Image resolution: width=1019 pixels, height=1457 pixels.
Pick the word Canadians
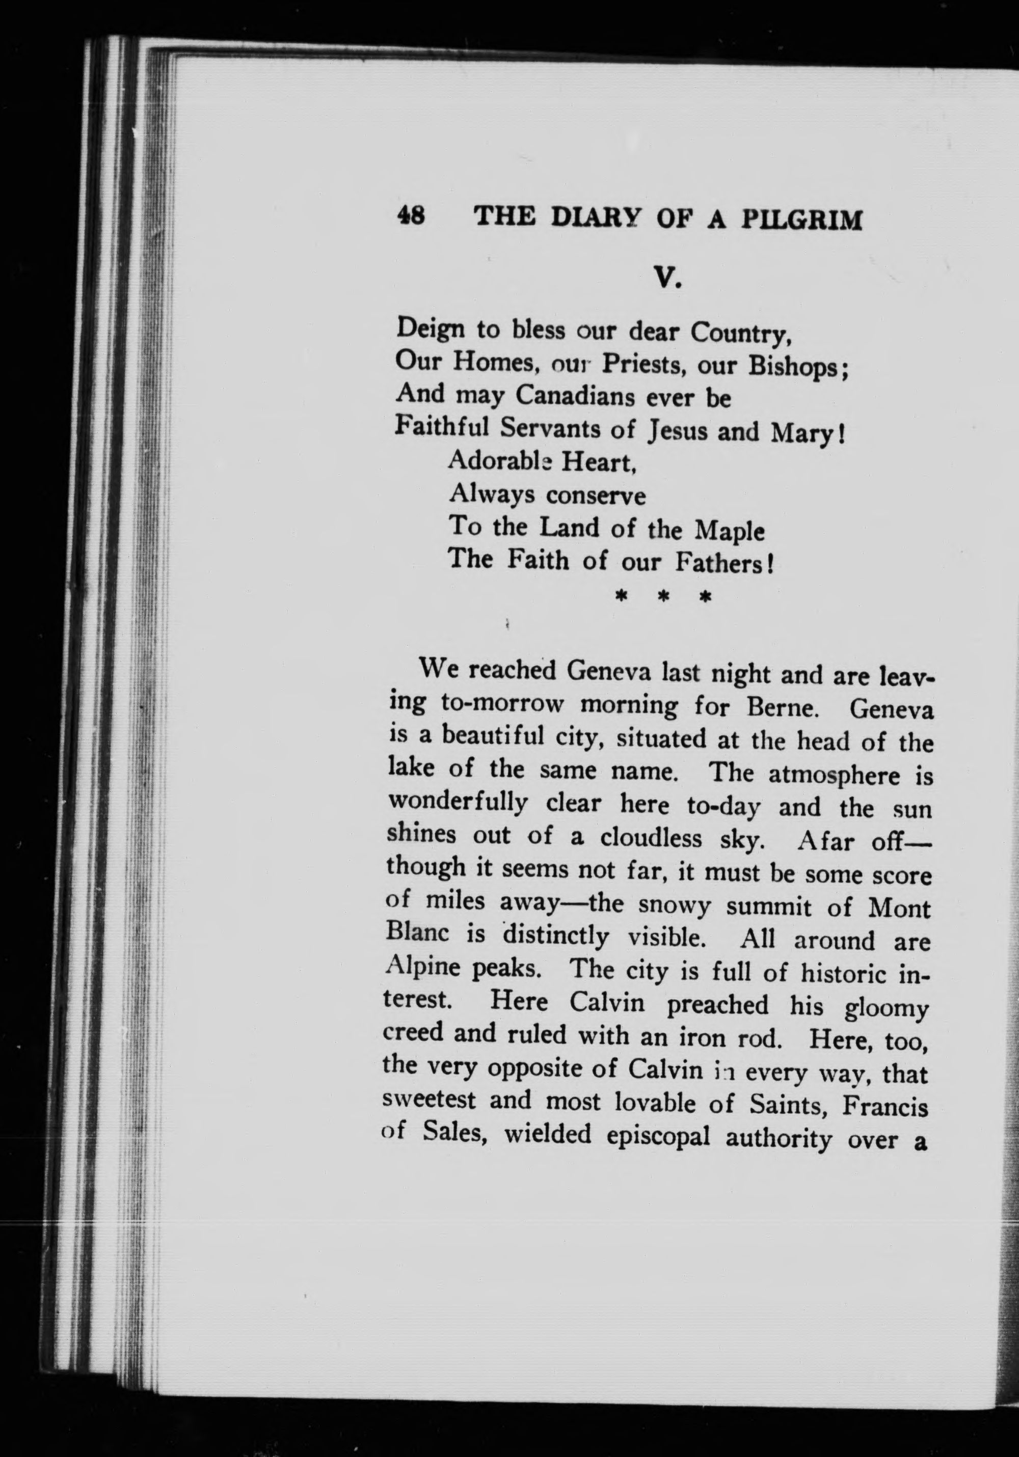[x=575, y=397]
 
